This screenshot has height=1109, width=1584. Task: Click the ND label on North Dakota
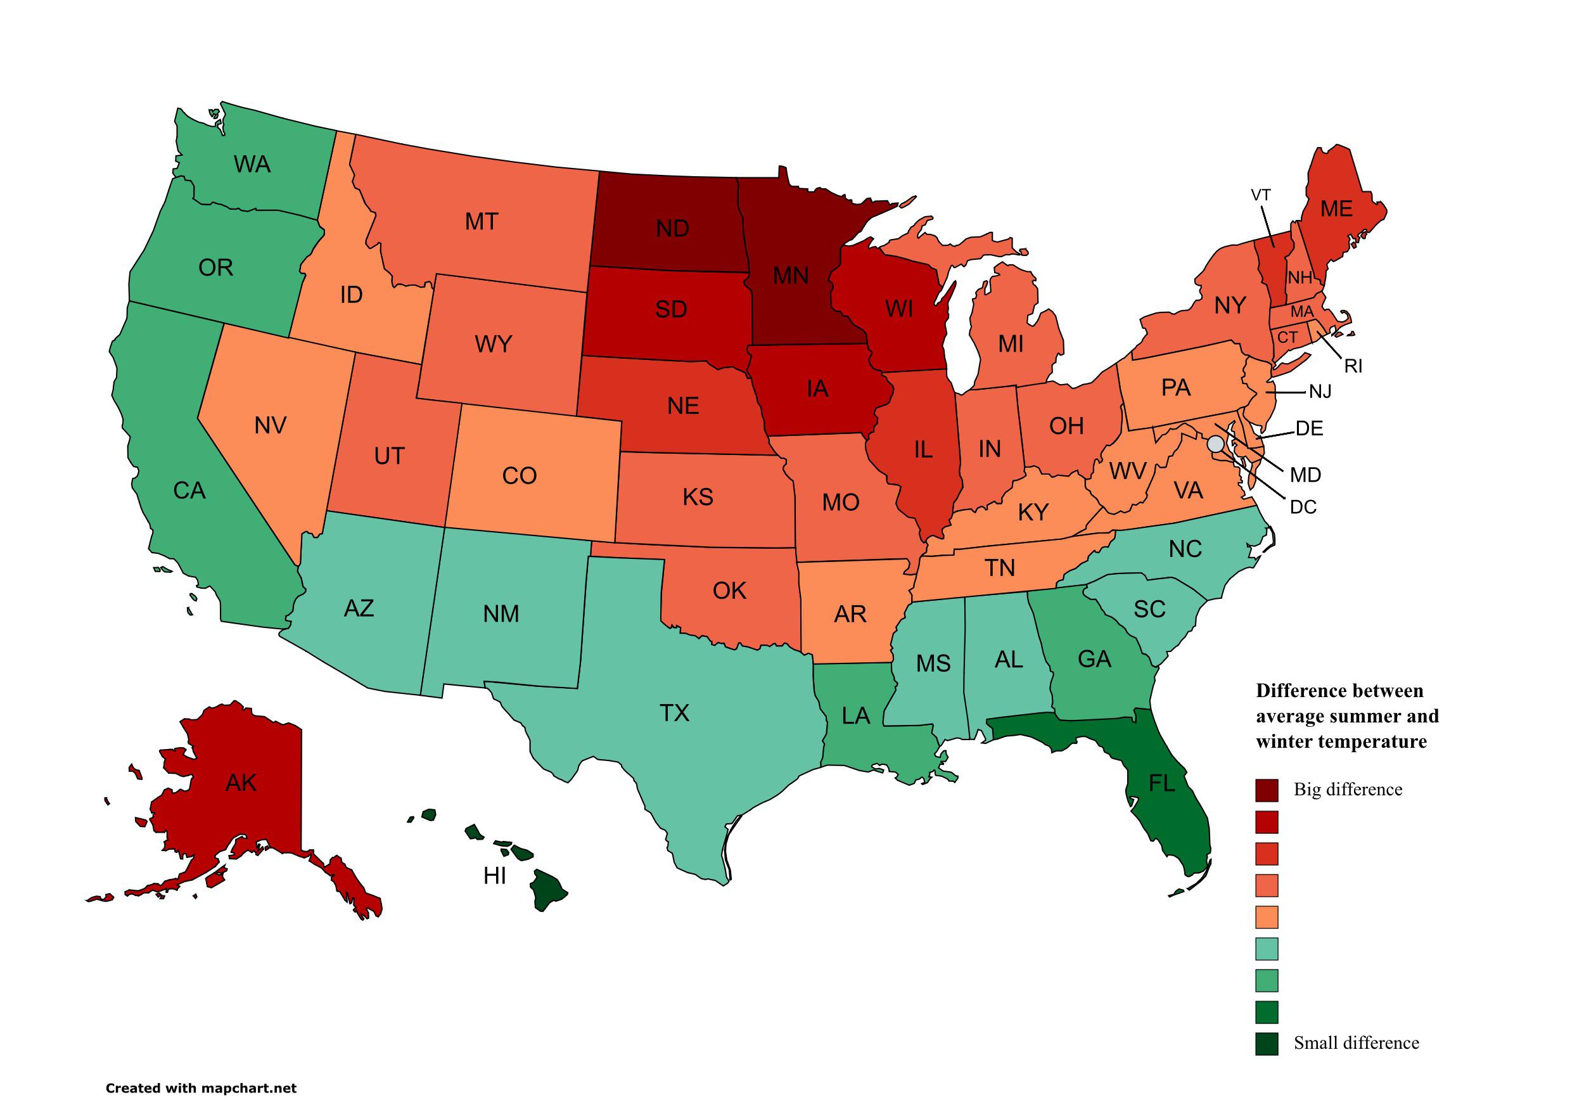tap(672, 228)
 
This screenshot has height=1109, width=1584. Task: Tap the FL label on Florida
tap(1161, 783)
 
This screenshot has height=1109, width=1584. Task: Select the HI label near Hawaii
tap(495, 876)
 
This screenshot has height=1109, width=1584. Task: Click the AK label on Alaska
tap(241, 783)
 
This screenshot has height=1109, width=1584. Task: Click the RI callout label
tap(1353, 366)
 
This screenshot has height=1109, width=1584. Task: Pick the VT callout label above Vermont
tap(1260, 195)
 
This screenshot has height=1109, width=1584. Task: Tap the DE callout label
tap(1309, 428)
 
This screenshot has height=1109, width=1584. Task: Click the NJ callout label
tap(1320, 392)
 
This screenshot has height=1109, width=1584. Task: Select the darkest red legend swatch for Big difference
tap(1267, 790)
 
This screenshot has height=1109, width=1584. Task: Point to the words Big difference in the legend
tap(1348, 790)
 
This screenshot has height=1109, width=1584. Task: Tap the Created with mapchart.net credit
tap(201, 1088)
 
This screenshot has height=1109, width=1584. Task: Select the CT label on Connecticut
tap(1287, 338)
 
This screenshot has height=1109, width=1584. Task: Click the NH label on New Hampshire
tap(1300, 279)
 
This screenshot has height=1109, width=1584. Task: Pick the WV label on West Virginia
tap(1127, 471)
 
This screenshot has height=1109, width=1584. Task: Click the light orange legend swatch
tap(1267, 917)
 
